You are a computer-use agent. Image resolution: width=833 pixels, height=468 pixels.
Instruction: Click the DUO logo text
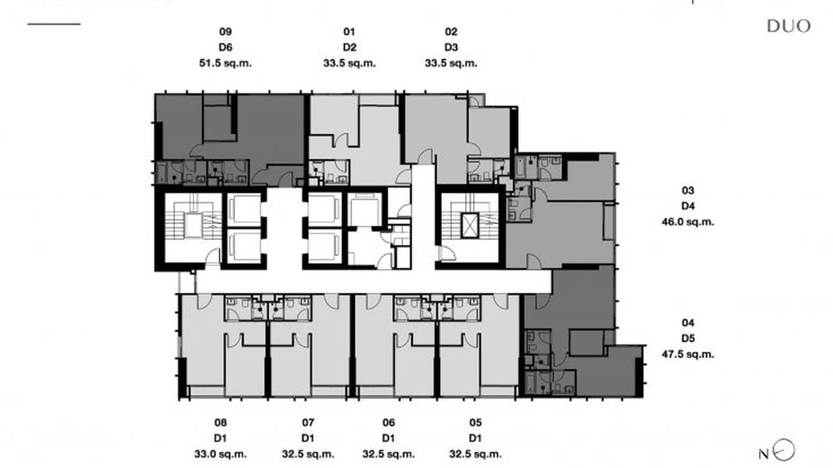click(x=788, y=25)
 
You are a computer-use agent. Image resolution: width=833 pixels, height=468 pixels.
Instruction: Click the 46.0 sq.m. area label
click(x=688, y=222)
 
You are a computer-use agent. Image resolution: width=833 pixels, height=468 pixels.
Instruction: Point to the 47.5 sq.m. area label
click(x=688, y=354)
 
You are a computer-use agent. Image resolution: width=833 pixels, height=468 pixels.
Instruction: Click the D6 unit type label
click(x=225, y=47)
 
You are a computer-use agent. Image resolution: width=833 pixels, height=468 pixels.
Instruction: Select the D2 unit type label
click(x=349, y=47)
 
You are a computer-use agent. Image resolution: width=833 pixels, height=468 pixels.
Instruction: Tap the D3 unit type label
click(x=451, y=47)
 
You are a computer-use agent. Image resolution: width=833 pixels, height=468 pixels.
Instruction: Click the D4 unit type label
click(x=688, y=206)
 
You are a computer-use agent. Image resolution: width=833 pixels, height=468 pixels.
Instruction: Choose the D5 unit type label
click(x=688, y=339)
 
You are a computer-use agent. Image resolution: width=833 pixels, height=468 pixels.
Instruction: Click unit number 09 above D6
click(x=225, y=32)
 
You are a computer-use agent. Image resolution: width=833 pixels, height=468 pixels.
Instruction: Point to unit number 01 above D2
click(x=349, y=32)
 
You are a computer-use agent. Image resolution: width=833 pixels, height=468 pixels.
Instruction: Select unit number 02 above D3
click(x=451, y=32)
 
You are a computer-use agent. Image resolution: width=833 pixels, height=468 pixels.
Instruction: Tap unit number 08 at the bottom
click(x=221, y=423)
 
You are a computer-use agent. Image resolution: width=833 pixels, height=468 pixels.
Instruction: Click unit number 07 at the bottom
click(x=308, y=423)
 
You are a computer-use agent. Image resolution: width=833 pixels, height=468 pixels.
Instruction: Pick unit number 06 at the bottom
click(x=389, y=423)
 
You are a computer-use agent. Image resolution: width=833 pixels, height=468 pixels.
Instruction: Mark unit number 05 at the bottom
click(x=475, y=423)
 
